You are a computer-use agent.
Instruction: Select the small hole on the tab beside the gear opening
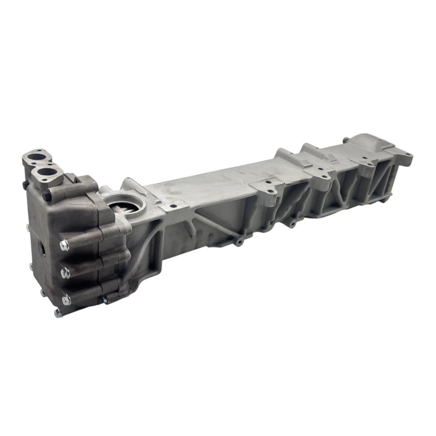click(172, 206)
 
